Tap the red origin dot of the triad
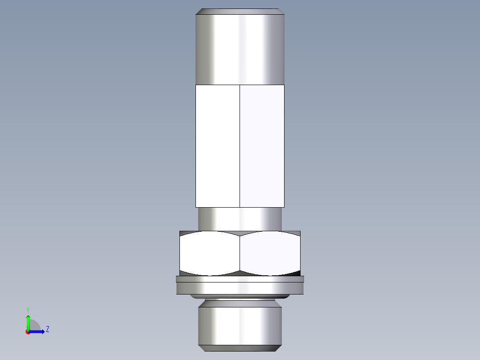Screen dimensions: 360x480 click(x=28, y=332)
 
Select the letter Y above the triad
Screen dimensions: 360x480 click(x=28, y=310)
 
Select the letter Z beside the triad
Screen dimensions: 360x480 click(x=47, y=330)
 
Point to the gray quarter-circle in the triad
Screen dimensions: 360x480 click(x=35, y=326)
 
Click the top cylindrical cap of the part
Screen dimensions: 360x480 click(x=240, y=49)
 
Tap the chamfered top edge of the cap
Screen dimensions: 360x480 click(x=240, y=11)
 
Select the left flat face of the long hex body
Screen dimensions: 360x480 click(x=218, y=146)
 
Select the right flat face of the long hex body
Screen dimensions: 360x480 click(x=262, y=146)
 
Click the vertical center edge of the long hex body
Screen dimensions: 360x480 click(x=240, y=146)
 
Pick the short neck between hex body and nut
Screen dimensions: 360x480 click(x=240, y=219)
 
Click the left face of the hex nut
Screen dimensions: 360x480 click(x=210, y=253)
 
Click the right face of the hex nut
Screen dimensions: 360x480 click(x=270, y=253)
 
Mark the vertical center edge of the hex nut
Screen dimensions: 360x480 click(x=240, y=253)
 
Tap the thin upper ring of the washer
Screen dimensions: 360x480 click(x=240, y=279)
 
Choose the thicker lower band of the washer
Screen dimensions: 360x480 click(x=240, y=288)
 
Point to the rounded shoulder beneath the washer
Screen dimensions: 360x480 click(x=240, y=296)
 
